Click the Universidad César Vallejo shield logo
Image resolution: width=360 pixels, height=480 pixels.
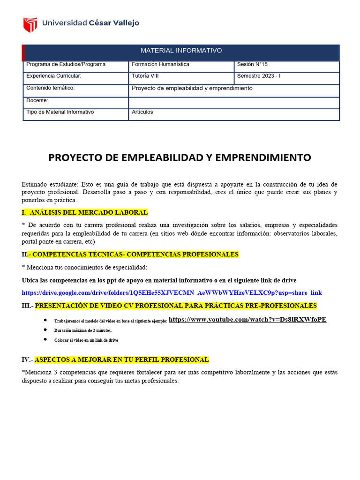coord(30,24)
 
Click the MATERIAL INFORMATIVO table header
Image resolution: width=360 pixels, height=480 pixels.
coord(181,51)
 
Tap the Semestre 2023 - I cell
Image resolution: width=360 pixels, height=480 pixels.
coord(259,76)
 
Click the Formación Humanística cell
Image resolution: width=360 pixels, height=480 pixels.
coord(160,64)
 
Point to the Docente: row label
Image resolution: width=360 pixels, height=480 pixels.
coord(37,100)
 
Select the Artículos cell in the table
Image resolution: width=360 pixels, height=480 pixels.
coord(142,112)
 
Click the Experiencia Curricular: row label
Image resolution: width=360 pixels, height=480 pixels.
coord(54,76)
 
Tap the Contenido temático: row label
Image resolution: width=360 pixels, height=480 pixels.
coord(51,88)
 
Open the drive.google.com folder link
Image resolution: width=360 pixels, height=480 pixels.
coord(172,293)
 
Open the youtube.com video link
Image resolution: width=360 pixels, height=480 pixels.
coord(247,320)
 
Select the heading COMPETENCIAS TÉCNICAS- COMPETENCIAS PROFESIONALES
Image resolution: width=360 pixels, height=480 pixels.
coord(134,255)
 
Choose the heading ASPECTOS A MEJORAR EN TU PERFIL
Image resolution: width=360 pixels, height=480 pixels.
coord(121,360)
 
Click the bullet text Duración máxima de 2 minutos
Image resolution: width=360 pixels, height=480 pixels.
coord(83,330)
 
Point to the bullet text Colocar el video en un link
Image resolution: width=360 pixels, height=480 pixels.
coord(86,340)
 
